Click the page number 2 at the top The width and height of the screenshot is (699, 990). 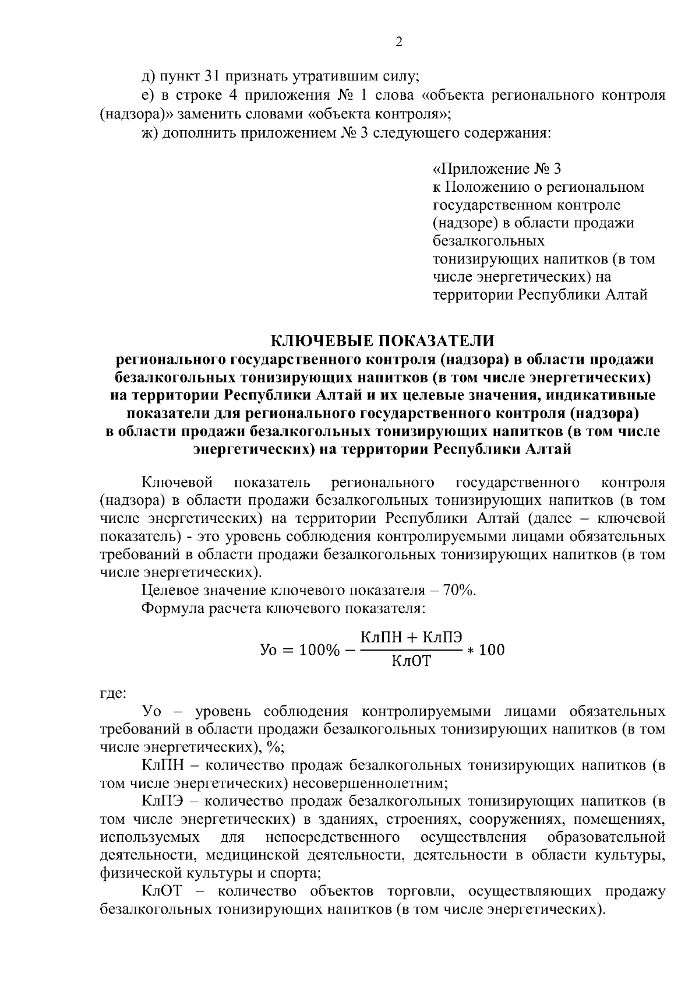[398, 43]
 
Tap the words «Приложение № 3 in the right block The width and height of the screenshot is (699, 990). [497, 169]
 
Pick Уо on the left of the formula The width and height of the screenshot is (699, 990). [270, 650]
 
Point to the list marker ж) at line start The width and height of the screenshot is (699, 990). [149, 134]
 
